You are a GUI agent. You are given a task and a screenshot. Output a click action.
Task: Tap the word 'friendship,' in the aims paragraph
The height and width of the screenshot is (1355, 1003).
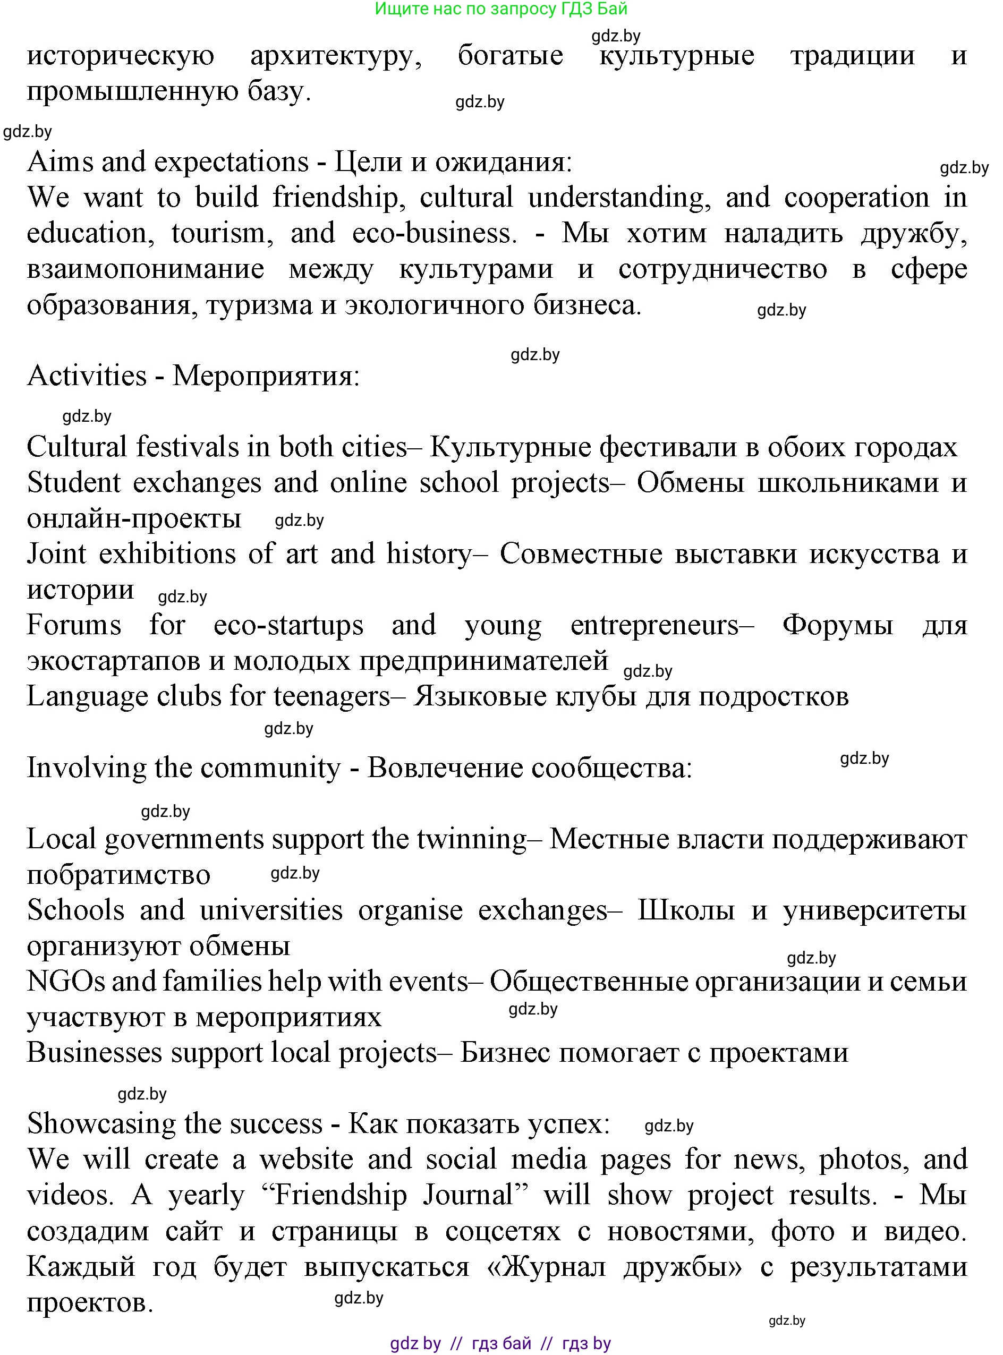pyautogui.click(x=335, y=198)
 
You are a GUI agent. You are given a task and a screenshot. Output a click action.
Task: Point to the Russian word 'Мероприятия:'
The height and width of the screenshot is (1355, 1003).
pyautogui.click(x=266, y=377)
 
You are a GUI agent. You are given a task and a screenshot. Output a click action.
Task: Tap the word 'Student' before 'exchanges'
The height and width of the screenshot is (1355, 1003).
pyautogui.click(x=73, y=483)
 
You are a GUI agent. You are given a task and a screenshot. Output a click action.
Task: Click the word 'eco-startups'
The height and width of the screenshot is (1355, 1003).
pyautogui.click(x=288, y=625)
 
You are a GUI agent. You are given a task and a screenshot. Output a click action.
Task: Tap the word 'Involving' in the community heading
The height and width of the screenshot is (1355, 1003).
pyautogui.click(x=86, y=768)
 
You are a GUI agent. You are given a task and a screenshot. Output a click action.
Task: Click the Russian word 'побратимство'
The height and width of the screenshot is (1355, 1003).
pyautogui.click(x=118, y=875)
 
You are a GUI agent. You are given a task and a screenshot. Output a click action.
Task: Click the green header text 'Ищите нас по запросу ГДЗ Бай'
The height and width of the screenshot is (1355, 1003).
pyautogui.click(x=501, y=8)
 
